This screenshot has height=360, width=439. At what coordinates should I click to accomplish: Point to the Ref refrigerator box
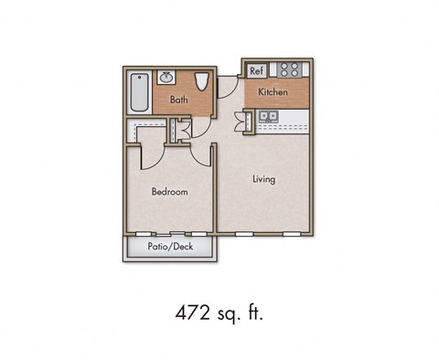point(257,70)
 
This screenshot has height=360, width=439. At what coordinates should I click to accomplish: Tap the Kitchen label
point(273,93)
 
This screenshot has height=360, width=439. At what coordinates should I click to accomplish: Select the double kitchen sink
point(269,116)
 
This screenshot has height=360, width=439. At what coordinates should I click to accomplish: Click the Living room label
point(263,179)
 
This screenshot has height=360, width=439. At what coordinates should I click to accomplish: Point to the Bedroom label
point(169,192)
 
